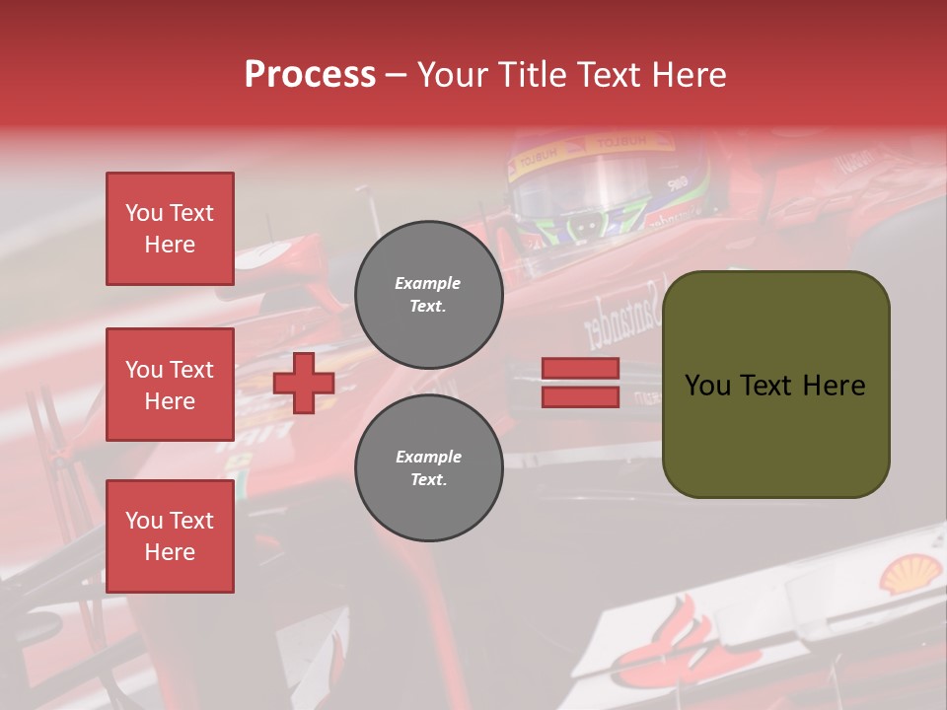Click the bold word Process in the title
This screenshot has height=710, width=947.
[x=310, y=75]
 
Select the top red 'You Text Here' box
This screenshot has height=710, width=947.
[x=170, y=229]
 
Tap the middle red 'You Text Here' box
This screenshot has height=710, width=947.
[x=170, y=385]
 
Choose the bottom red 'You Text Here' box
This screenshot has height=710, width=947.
[x=170, y=536]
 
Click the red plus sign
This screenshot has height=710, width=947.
[x=304, y=383]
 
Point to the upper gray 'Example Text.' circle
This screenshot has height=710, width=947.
[x=428, y=295]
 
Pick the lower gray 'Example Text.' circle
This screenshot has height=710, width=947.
[x=428, y=467]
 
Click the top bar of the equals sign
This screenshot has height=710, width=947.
[x=581, y=368]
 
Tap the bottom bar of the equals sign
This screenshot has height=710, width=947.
[x=581, y=397]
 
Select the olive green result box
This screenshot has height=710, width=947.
[x=775, y=385]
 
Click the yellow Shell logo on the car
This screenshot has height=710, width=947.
[x=909, y=573]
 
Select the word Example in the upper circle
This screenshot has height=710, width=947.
[x=428, y=283]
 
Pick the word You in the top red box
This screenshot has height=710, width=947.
[x=144, y=213]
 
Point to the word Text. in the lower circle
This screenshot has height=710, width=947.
[x=428, y=480]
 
